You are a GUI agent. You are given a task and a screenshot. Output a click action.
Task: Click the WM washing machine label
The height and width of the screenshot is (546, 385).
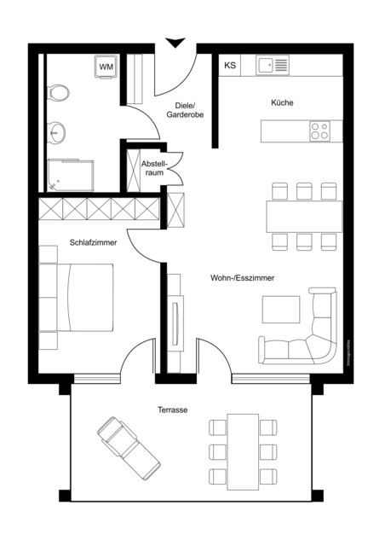coord(106,66)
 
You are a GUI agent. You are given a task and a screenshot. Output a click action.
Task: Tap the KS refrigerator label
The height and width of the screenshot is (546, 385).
coord(229,66)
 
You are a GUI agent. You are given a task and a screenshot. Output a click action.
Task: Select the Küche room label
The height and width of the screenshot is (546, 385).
coord(282,102)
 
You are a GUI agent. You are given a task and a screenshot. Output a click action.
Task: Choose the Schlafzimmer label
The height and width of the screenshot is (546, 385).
coord(93,243)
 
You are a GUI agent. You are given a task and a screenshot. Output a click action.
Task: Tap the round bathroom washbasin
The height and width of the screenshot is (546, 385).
coord(57,131)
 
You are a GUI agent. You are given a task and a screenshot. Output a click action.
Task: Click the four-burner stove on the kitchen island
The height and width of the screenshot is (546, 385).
coord(320,131)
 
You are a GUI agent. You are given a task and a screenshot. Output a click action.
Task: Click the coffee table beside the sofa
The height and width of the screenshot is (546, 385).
coord(281,309)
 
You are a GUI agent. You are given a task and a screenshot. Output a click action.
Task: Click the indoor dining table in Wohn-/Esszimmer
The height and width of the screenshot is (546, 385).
coord(304,216)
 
